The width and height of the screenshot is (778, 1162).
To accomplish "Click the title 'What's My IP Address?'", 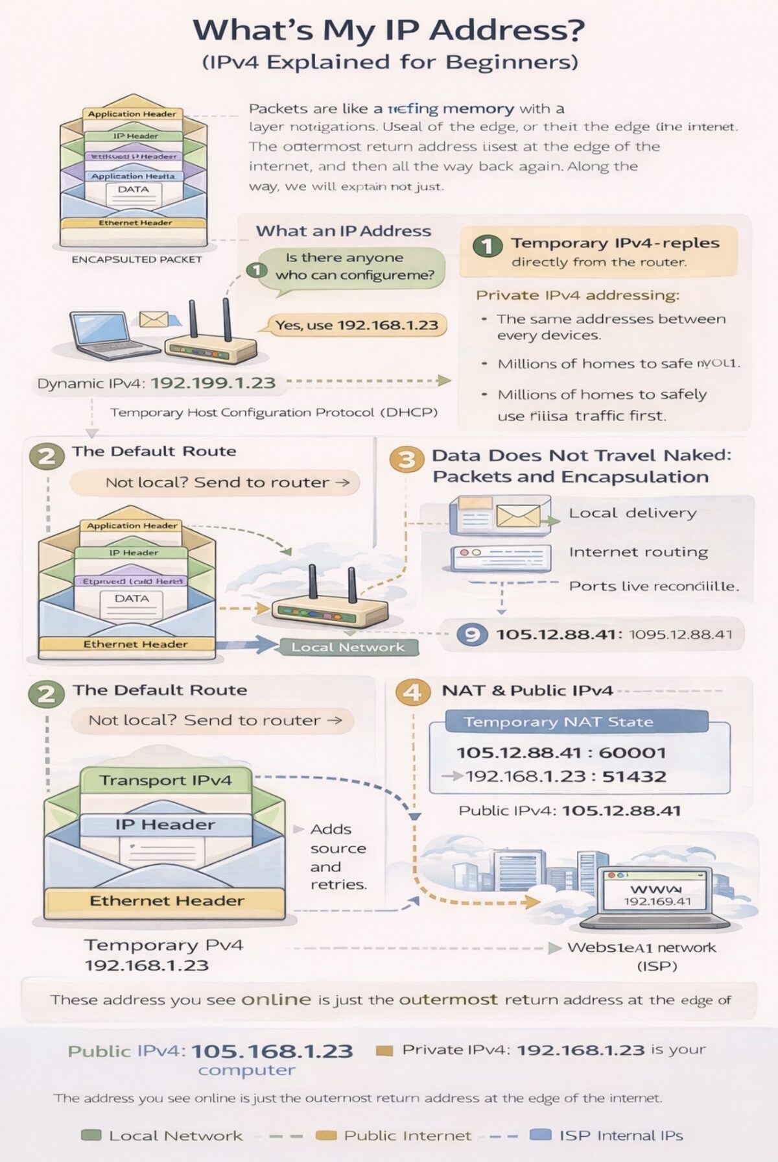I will click(388, 30).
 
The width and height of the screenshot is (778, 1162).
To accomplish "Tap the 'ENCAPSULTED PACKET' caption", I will click(137, 260).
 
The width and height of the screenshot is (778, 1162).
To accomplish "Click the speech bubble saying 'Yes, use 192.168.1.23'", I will click(357, 325).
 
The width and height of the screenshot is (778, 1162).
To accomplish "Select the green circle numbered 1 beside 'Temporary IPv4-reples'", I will click(488, 246).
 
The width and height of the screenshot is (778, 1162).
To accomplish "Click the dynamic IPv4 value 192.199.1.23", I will click(213, 383).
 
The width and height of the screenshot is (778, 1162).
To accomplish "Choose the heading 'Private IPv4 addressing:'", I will click(578, 295).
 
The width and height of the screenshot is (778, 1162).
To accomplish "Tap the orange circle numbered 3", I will click(407, 459).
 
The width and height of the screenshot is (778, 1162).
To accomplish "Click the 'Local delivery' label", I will click(632, 513).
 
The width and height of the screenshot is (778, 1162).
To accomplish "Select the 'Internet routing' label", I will click(638, 552).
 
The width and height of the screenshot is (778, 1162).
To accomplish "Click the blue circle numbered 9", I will click(472, 634).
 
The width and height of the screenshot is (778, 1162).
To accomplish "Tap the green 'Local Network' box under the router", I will click(348, 647).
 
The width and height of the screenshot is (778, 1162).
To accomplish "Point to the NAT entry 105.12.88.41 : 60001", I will click(561, 753).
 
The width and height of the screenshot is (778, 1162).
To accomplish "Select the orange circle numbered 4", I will click(412, 692).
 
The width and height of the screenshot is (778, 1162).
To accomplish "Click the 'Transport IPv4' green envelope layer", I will click(165, 780).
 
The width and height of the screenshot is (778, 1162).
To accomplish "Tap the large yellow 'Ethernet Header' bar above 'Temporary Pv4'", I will click(166, 901).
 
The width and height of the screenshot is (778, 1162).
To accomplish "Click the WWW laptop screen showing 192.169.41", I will click(657, 894).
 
